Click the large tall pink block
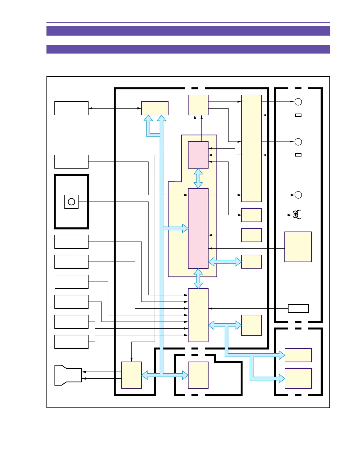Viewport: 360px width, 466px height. pyautogui.click(x=198, y=228)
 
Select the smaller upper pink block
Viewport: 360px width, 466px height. pyautogui.click(x=198, y=155)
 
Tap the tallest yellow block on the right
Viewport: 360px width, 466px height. pyautogui.click(x=251, y=148)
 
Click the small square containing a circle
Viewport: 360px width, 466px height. pyautogui.click(x=71, y=202)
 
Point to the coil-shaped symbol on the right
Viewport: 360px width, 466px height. pyautogui.click(x=296, y=215)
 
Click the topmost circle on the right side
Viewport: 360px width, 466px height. pyautogui.click(x=298, y=102)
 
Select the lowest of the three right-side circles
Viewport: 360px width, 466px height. pyautogui.click(x=298, y=195)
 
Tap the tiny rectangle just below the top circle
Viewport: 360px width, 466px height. pyautogui.click(x=298, y=115)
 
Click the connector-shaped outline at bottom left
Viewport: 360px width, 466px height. pyautogui.click(x=68, y=375)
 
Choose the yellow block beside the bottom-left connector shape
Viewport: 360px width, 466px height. pyautogui.click(x=131, y=375)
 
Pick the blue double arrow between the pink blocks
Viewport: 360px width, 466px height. pyautogui.click(x=198, y=178)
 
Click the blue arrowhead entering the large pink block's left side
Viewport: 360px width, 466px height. pyautogui.click(x=185, y=228)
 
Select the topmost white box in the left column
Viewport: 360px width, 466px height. pyautogui.click(x=71, y=108)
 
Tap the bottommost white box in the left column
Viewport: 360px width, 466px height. pyautogui.click(x=71, y=342)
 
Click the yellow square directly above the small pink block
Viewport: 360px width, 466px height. pyautogui.click(x=198, y=105)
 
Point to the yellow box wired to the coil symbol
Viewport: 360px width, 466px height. pyautogui.click(x=251, y=215)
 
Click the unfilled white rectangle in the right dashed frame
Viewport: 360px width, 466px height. pyautogui.click(x=298, y=308)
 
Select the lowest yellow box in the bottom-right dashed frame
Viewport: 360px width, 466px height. pyautogui.click(x=298, y=378)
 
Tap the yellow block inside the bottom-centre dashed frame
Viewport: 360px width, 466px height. pyautogui.click(x=198, y=375)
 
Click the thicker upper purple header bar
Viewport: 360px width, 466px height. pyautogui.click(x=188, y=31)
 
